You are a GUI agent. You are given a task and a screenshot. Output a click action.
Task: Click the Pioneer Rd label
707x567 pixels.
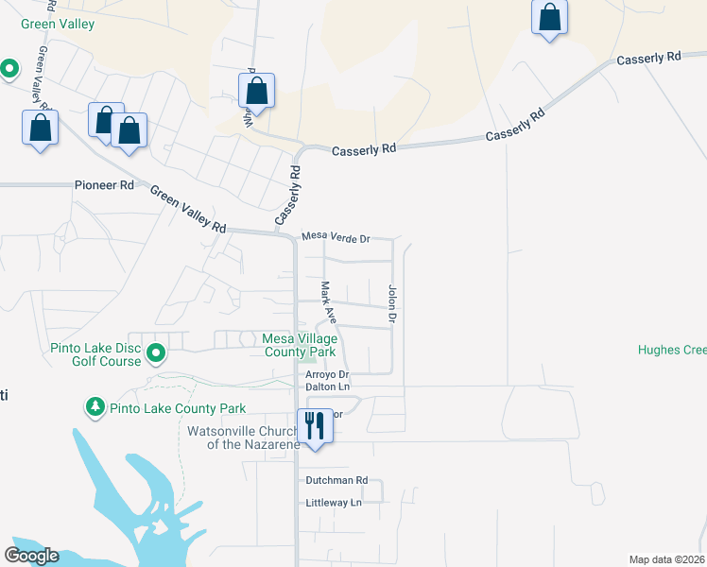point(104,185)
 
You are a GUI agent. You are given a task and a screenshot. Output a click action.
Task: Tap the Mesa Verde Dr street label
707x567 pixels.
point(335,239)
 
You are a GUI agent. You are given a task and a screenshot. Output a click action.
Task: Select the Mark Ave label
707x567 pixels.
point(327,302)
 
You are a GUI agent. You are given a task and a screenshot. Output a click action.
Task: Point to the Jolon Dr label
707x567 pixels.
point(390,305)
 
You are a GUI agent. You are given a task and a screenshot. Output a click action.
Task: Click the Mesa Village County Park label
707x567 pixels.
point(299,344)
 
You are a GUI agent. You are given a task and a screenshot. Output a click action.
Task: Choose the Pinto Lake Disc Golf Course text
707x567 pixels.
point(95,354)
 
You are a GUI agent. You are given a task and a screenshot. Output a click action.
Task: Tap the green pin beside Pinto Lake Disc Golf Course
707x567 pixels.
point(157,354)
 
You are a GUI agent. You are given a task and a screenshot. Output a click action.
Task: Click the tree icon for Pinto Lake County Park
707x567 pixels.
point(95,408)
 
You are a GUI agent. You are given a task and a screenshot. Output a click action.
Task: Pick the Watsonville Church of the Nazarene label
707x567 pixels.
point(243,438)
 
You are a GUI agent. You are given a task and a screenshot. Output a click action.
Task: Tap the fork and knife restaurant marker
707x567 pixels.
point(314,424)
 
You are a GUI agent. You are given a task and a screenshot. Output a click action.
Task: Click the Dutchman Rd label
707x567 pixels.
point(336,480)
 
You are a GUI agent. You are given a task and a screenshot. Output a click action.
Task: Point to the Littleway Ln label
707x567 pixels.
point(334,503)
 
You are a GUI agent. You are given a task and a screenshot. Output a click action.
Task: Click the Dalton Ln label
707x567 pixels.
point(327,387)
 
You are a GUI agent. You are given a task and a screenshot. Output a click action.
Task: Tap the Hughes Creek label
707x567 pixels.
point(672,350)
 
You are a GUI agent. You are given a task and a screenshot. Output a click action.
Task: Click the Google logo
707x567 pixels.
point(31,556)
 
